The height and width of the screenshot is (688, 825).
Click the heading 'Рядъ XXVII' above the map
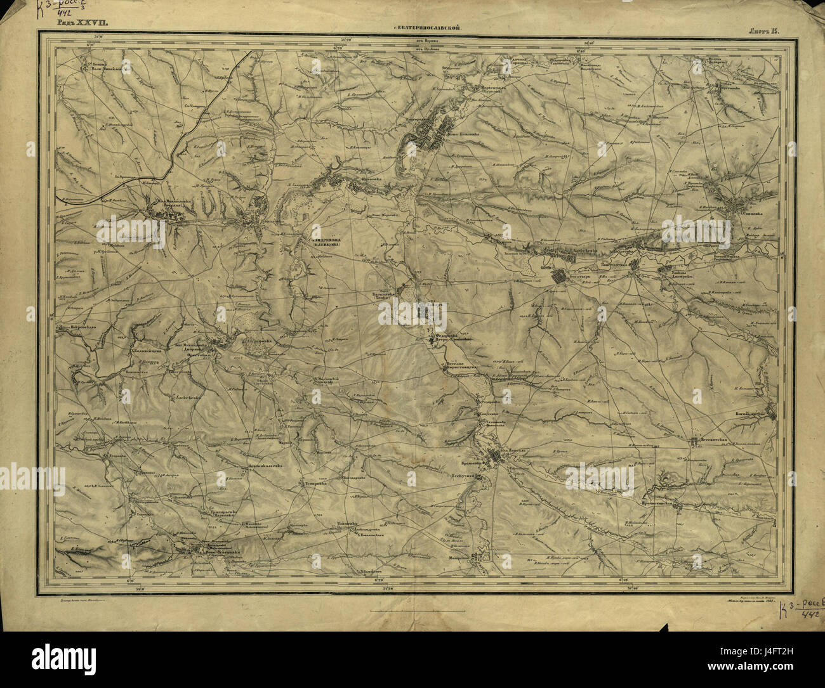coord(83,22)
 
